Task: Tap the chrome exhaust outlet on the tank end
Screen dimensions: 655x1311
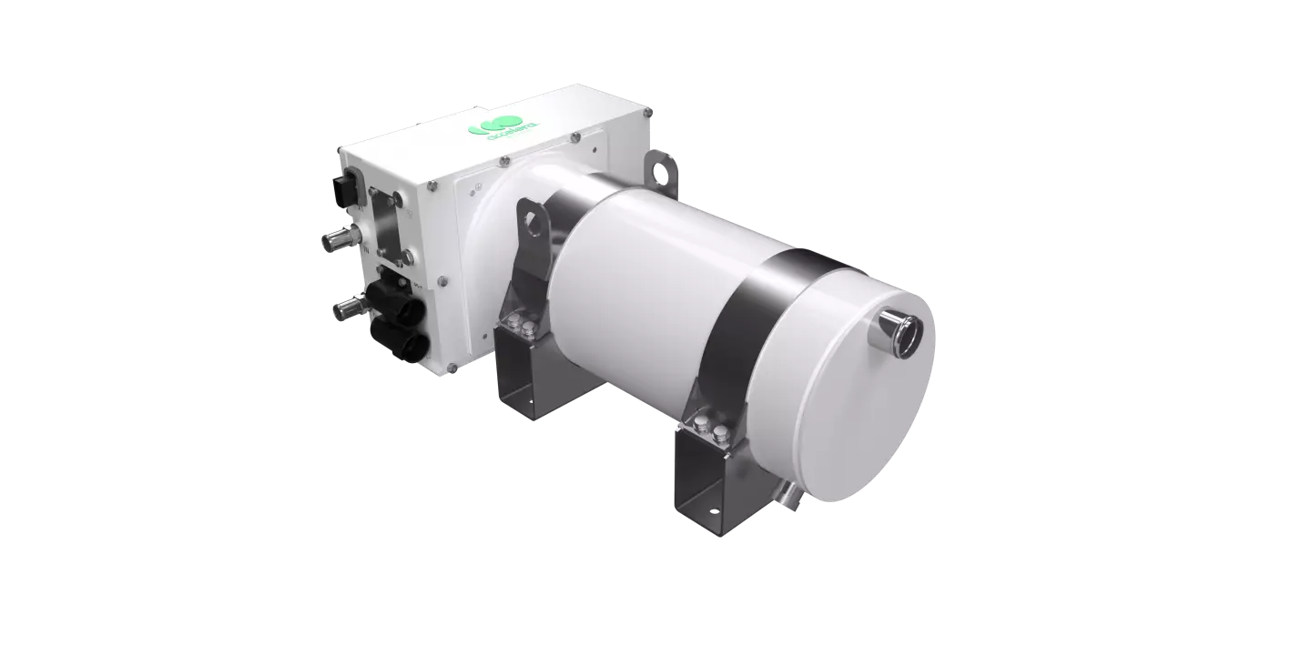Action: coord(901,331)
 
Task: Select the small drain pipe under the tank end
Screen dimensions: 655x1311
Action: coord(786,492)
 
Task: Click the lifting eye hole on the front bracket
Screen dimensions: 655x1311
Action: coord(531,218)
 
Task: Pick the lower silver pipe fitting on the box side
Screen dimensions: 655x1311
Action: coord(346,308)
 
